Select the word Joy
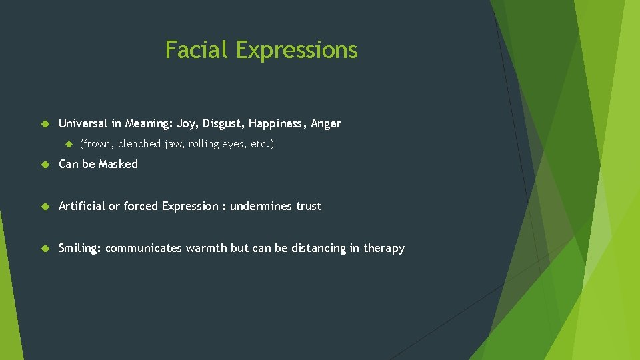coord(187,124)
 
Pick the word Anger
coord(326,123)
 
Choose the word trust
coord(309,206)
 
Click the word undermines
coord(261,206)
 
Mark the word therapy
coord(384,249)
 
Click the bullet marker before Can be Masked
coord(45,165)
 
